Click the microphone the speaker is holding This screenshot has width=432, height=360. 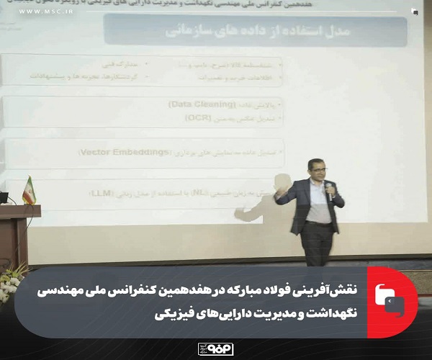(x=329, y=190)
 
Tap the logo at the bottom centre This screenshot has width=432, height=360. (x=215, y=348)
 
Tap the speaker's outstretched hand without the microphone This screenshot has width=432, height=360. (x=278, y=201)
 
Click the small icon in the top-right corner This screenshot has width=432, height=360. (x=415, y=12)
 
